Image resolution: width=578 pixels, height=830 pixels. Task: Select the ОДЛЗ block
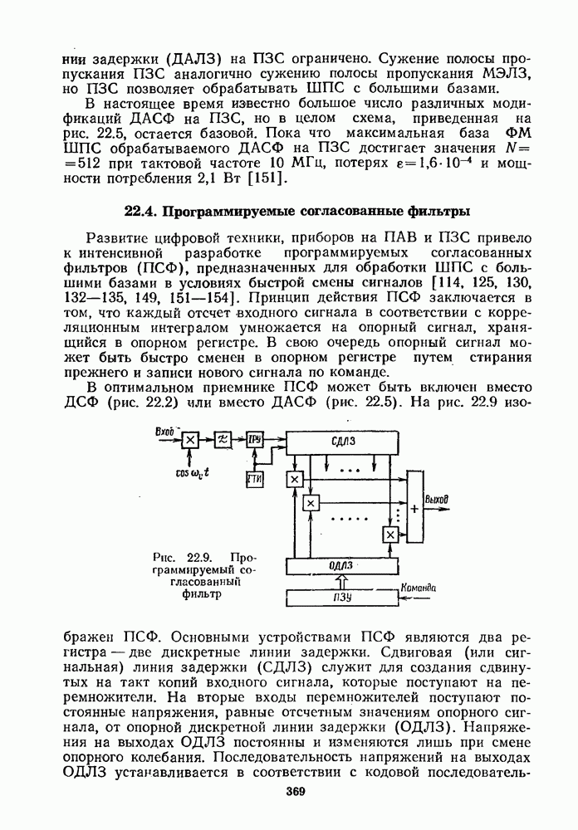click(341, 566)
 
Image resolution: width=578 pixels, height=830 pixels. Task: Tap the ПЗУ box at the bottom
click(341, 598)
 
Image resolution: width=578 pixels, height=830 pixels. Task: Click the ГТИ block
click(254, 479)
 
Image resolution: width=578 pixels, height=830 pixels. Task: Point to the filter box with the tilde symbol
click(222, 438)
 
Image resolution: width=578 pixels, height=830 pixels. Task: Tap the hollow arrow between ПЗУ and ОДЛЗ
click(341, 581)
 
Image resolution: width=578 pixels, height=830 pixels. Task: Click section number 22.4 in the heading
click(141, 211)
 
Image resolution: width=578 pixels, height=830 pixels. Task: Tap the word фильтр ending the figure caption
click(200, 594)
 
